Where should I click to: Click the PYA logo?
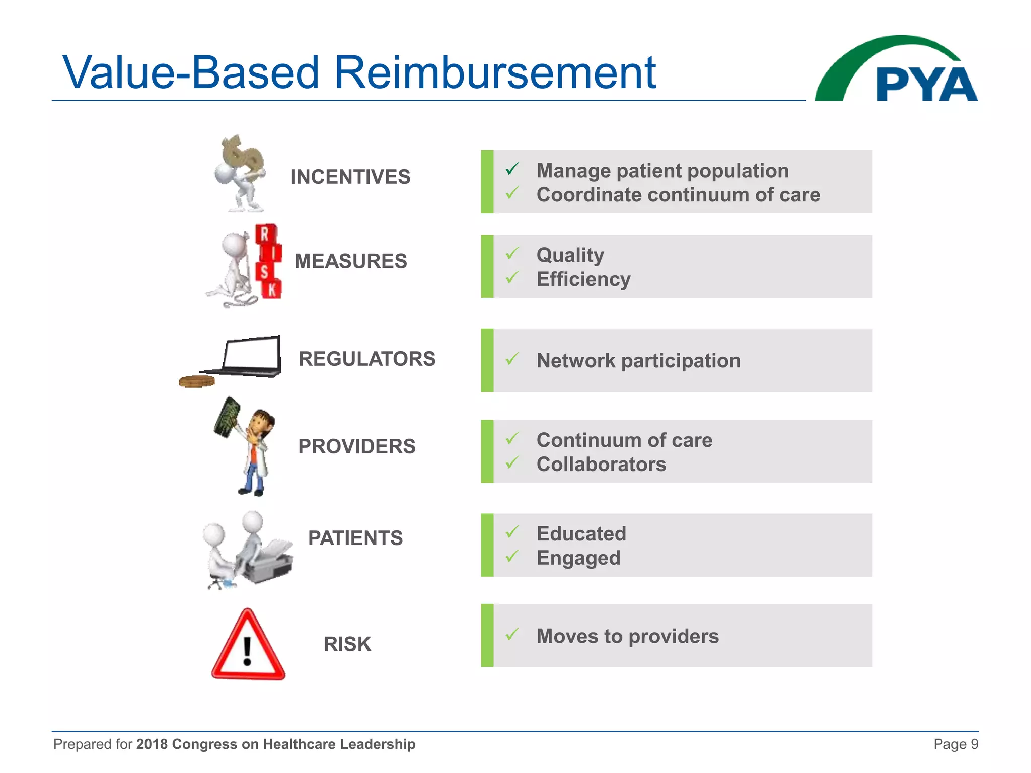896,70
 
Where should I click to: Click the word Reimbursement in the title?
495,73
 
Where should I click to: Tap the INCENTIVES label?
350,177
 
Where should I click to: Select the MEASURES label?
350,261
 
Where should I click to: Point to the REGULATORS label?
366,359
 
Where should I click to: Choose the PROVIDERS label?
356,447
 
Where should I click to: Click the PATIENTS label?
355,538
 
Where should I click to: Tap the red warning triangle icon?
248,646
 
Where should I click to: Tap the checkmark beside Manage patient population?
512,169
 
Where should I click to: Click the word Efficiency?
583,279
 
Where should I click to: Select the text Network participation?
638,361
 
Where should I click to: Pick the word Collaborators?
601,465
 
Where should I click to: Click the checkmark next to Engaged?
512,556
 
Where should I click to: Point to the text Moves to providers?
627,637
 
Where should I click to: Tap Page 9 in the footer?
955,744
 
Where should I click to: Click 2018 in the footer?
152,744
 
